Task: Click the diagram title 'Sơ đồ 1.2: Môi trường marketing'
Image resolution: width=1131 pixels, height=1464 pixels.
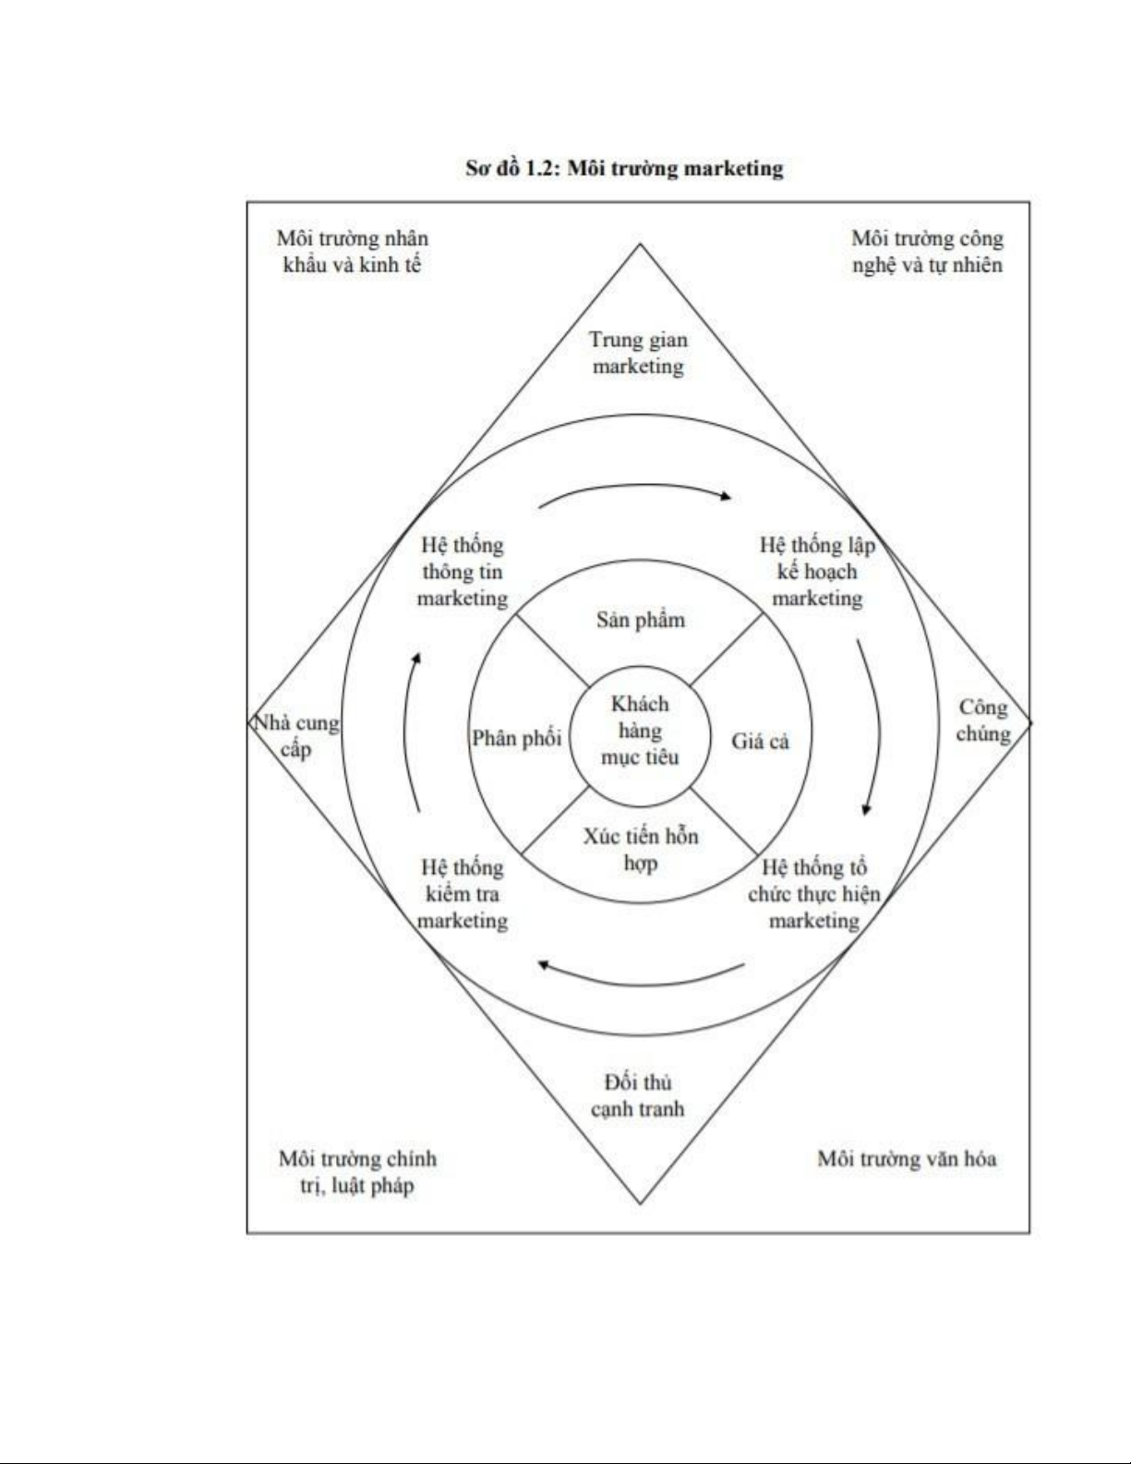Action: pyautogui.click(x=624, y=169)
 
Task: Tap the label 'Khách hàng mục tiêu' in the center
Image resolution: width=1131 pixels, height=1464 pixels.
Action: pyautogui.click(x=640, y=731)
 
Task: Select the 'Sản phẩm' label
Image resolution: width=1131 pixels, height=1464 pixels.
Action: pyautogui.click(x=640, y=620)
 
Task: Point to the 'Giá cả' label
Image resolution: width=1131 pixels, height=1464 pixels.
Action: pyautogui.click(x=760, y=741)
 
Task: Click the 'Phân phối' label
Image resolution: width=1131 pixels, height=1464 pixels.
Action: pyautogui.click(x=517, y=738)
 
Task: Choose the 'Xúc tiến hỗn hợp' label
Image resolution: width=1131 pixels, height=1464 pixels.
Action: pyautogui.click(x=640, y=850)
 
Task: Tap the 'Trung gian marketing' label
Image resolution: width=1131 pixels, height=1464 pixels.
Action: pyautogui.click(x=639, y=353)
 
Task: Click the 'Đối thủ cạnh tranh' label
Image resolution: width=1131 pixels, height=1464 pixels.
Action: pyautogui.click(x=638, y=1095)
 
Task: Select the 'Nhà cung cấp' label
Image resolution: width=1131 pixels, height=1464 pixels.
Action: pyautogui.click(x=296, y=735)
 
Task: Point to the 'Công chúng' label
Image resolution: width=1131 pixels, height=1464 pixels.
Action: pyautogui.click(x=982, y=720)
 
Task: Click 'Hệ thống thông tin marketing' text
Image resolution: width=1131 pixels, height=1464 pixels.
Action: pyautogui.click(x=463, y=572)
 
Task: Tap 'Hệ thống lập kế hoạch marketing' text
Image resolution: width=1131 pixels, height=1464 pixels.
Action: pyautogui.click(x=817, y=572)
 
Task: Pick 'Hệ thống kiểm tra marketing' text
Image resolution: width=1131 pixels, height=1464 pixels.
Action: pyautogui.click(x=463, y=894)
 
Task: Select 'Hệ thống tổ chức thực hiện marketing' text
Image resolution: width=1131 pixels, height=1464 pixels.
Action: pyautogui.click(x=813, y=894)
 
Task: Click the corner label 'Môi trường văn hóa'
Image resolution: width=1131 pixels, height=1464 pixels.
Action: pyautogui.click(x=907, y=1159)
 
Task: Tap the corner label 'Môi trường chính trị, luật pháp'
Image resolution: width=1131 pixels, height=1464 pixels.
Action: pyautogui.click(x=357, y=1172)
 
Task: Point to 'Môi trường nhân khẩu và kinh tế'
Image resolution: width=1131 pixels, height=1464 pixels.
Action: pyautogui.click(x=352, y=251)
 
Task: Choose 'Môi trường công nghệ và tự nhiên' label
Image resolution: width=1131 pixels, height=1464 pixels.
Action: pyautogui.click(x=927, y=251)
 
